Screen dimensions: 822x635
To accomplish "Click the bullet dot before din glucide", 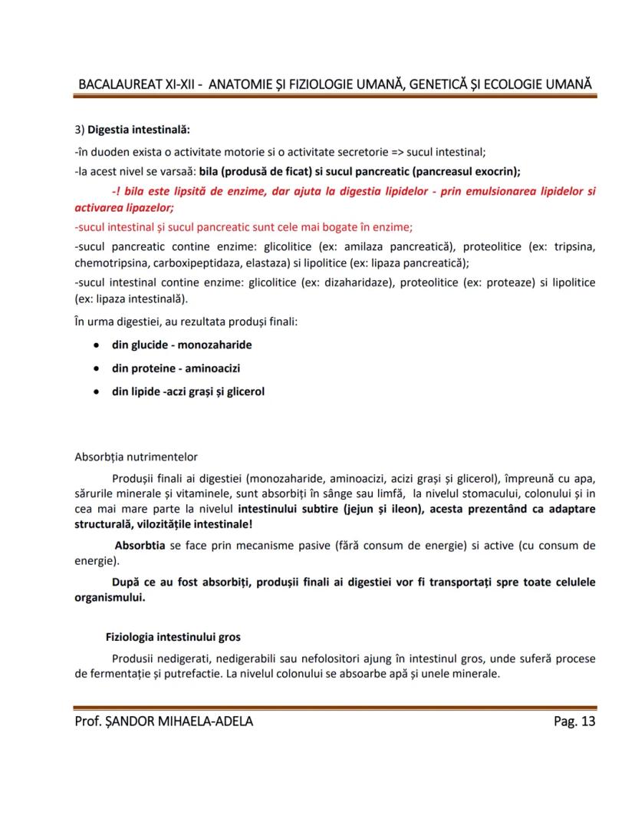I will pos(95,345).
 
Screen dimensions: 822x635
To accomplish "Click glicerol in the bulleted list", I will pos(242,391).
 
